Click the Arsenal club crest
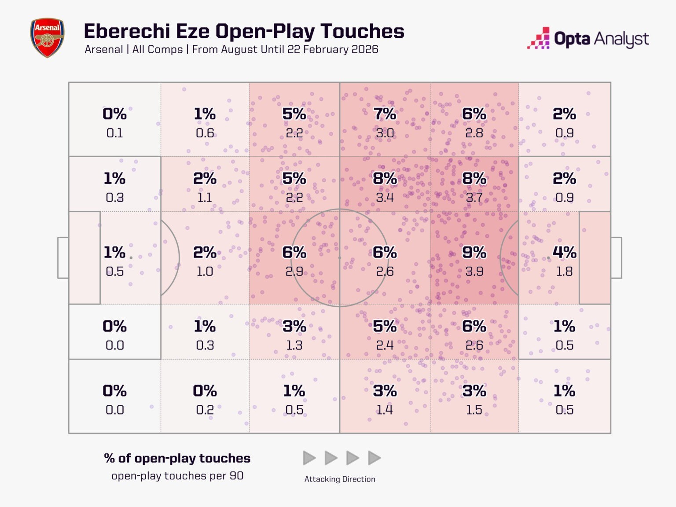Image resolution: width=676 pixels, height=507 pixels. [47, 38]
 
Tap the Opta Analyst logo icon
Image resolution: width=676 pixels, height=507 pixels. [539, 38]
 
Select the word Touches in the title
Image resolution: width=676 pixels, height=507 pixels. [362, 32]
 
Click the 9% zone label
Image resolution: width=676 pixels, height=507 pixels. [474, 253]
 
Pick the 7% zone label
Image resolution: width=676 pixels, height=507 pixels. [385, 114]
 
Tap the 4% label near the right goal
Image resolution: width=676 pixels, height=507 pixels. [564, 253]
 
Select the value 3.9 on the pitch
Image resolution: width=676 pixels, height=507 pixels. [474, 272]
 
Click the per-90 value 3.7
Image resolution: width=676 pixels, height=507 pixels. [474, 198]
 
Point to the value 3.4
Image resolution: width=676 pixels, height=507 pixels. [385, 198]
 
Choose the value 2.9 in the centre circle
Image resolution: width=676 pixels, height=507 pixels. [294, 272]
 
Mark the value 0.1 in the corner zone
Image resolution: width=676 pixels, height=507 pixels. [115, 133]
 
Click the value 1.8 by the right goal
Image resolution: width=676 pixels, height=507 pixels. [564, 272]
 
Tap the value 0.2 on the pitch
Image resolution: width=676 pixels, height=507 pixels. [205, 410]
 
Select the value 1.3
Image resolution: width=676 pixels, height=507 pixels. [294, 345]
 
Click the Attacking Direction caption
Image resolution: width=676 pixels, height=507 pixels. [340, 479]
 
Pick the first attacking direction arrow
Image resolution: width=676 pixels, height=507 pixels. [309, 458]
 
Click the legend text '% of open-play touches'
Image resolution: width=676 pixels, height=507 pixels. [177, 459]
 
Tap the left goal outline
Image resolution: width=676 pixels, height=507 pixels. [63, 258]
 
